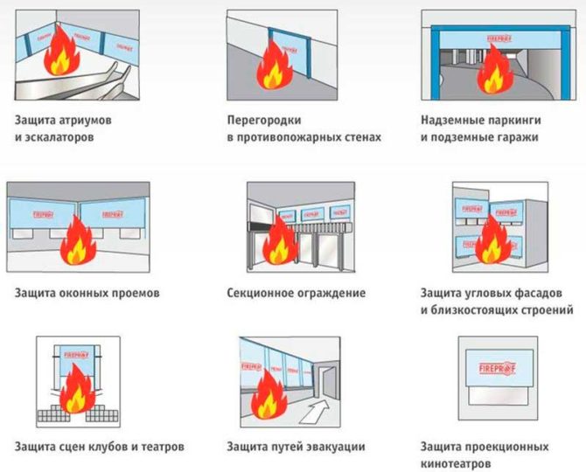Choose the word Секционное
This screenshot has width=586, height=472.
click(262, 293)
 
